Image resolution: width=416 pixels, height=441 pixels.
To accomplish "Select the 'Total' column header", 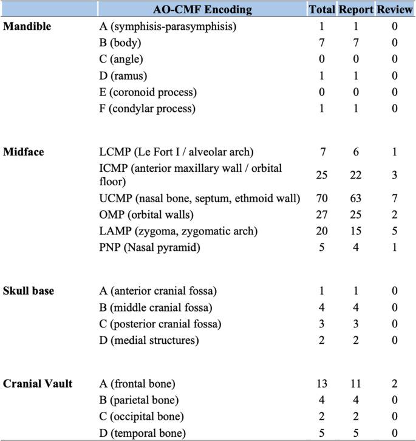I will pos(322,9).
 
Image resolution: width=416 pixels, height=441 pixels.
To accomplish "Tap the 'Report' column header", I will pos(356,9).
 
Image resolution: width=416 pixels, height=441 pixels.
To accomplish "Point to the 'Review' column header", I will pos(395,9).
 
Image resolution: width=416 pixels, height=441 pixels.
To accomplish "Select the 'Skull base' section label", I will pos(28,291).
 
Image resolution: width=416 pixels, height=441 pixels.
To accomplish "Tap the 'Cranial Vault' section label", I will pos(37,383).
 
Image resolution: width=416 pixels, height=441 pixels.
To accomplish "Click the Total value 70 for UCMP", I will pos(322,197).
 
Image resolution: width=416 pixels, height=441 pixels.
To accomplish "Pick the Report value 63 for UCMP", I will pos(356,197).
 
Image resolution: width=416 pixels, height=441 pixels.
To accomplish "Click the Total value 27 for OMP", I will pos(322,214).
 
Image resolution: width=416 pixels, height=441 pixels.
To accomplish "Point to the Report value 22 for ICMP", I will pos(356,175).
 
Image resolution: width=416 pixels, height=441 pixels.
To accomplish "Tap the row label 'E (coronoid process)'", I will pos(148,92).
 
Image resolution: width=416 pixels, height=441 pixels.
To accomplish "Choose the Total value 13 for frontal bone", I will pos(322,383).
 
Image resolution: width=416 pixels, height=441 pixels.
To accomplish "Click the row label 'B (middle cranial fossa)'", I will pos(155,307).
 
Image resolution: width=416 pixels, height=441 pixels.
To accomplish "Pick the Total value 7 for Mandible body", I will pos(322,43).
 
